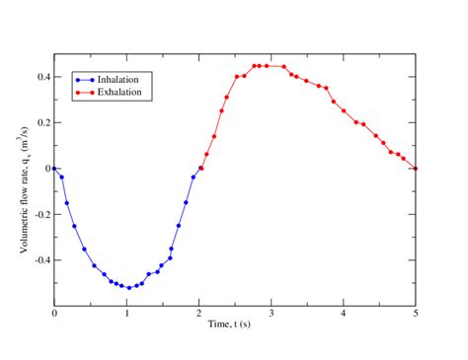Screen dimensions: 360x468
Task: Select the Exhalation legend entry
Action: [114, 92]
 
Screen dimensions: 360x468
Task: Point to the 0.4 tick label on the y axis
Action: [40, 76]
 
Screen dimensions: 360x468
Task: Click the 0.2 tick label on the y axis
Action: [40, 122]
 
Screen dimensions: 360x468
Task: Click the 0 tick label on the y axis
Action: [45, 169]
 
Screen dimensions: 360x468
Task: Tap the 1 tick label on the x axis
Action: [126, 315]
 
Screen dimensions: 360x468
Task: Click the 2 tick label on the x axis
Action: [199, 315]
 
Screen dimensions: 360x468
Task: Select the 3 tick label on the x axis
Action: [272, 315]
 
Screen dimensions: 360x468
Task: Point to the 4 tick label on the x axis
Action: [344, 315]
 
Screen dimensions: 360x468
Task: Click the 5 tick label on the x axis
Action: [416, 315]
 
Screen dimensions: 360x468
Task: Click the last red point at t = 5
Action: [416, 168]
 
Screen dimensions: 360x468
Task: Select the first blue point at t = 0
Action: [54, 168]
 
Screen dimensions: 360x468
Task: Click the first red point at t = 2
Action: [200, 168]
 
